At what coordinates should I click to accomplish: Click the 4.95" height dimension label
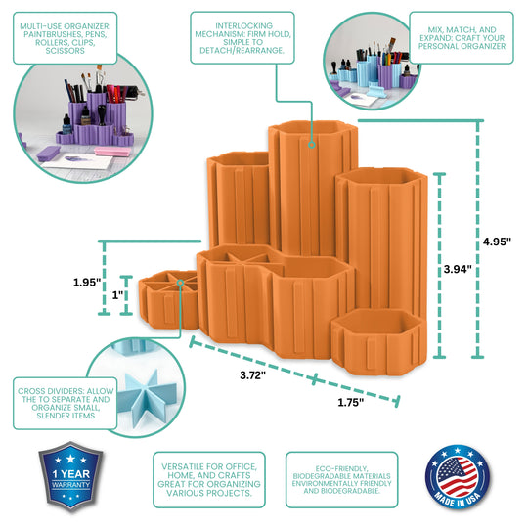click(x=497, y=242)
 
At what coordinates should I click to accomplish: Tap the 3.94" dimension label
click(x=458, y=269)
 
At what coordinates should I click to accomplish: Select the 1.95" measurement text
click(x=87, y=283)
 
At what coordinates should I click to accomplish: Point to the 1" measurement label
click(x=118, y=295)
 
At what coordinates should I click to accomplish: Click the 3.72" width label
click(x=253, y=375)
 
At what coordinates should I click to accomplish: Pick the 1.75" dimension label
click(x=351, y=402)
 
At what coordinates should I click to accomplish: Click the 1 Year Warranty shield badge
click(x=70, y=477)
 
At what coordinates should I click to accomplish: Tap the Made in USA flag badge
click(x=458, y=477)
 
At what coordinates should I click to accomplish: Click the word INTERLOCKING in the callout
click(x=243, y=26)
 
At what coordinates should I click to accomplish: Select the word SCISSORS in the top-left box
click(x=65, y=51)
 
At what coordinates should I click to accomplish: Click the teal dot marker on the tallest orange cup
click(x=312, y=145)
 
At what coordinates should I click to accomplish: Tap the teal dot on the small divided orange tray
click(x=181, y=283)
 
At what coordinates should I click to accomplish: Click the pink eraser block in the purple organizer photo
click(x=112, y=152)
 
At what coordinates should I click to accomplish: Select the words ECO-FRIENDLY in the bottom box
click(x=342, y=468)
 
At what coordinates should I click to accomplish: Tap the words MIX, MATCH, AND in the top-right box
click(x=462, y=30)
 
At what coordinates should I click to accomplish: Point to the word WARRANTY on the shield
click(x=70, y=485)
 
